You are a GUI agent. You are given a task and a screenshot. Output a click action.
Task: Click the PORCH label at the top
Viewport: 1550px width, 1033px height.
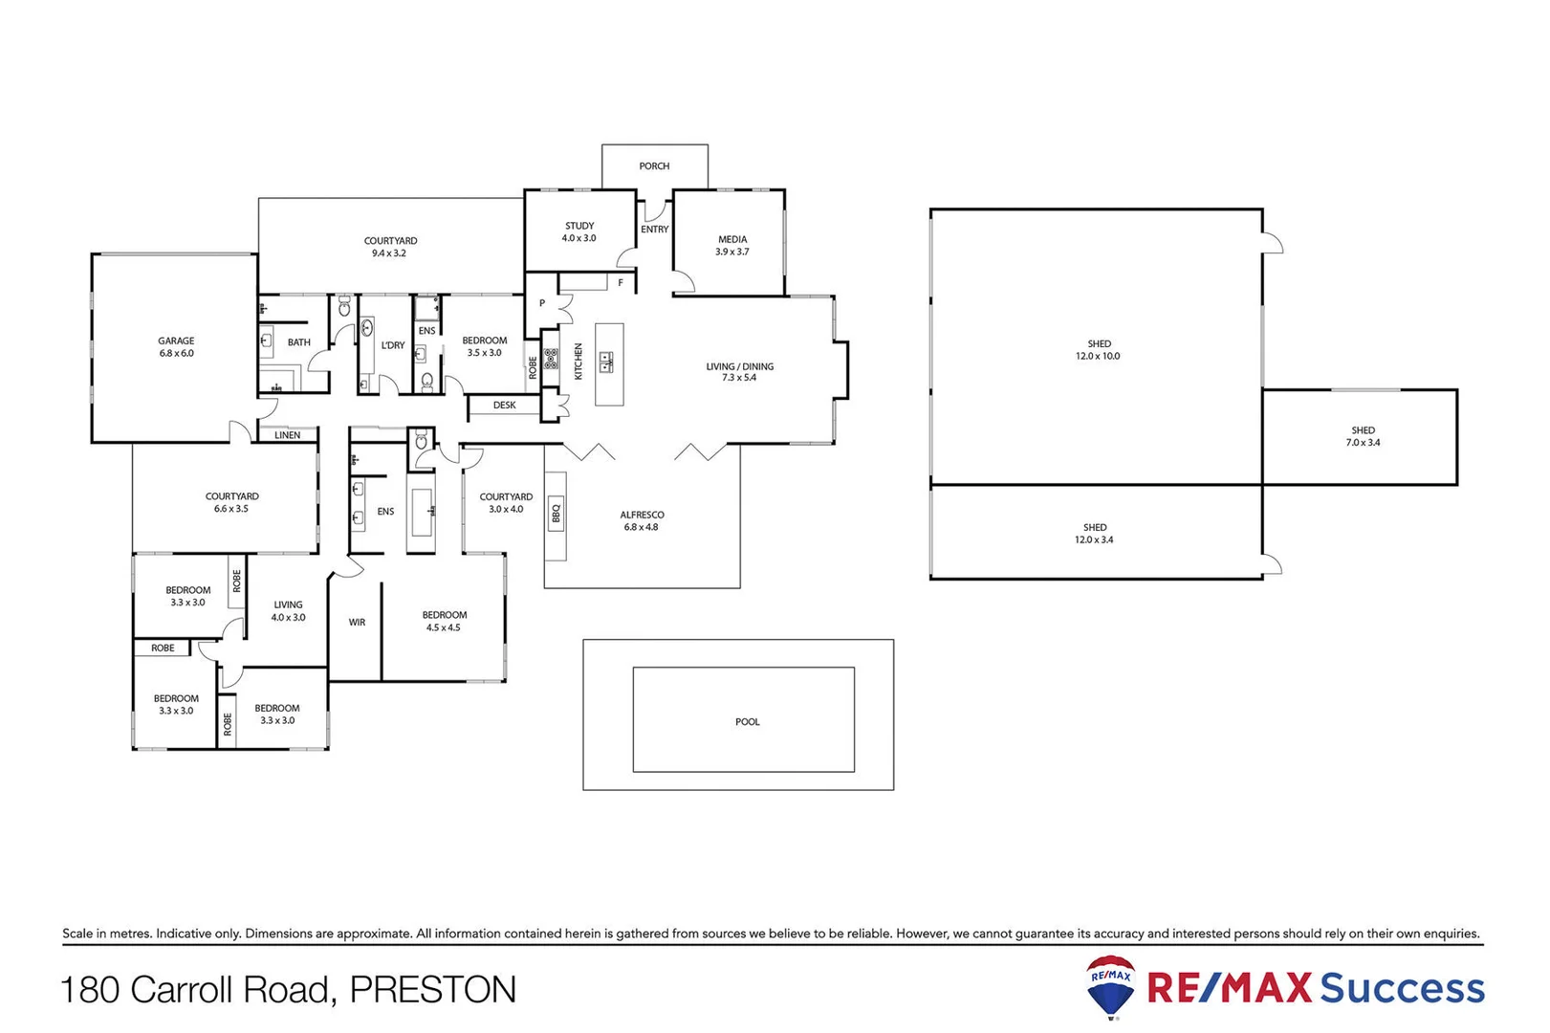(654, 166)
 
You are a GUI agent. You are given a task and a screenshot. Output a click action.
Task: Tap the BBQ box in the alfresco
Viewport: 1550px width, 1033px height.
(556, 515)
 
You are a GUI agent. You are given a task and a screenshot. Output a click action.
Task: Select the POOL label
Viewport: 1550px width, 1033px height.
(747, 722)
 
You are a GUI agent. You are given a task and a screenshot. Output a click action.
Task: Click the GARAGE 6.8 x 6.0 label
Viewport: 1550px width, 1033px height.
(176, 347)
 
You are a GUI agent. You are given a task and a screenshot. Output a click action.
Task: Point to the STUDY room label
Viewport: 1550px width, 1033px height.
(579, 232)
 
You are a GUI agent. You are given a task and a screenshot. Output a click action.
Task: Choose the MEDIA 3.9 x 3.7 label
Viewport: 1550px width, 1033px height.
(732, 246)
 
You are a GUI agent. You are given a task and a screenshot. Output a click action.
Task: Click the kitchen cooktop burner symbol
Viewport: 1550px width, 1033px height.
(551, 359)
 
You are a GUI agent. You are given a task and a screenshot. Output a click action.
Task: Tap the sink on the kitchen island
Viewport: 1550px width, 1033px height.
(606, 362)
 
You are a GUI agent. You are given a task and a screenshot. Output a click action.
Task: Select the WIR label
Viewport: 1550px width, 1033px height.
(357, 623)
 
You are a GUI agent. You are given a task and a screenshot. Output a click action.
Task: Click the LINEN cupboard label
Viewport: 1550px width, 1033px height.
(287, 435)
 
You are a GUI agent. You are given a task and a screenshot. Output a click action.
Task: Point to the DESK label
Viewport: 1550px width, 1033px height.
(504, 406)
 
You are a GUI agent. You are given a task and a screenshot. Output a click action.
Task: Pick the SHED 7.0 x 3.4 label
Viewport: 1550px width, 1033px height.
(1363, 437)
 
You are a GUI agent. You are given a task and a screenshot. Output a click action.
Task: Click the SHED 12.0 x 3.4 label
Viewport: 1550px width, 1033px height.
(1095, 534)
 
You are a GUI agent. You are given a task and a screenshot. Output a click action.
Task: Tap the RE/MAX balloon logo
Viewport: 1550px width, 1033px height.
(1111, 986)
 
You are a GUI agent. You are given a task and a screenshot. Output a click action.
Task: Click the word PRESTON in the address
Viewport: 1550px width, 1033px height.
(432, 990)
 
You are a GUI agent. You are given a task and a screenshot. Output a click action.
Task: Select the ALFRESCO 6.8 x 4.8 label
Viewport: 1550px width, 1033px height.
(642, 521)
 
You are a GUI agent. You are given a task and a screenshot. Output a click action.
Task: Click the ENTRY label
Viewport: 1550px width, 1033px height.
(655, 230)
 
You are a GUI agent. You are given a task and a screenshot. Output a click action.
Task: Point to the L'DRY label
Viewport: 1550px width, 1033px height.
(393, 345)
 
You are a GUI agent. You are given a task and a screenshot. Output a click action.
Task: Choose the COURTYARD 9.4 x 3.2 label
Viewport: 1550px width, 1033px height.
(390, 248)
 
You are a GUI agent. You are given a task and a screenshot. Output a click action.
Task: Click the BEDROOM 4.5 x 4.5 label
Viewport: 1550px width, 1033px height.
(444, 622)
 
